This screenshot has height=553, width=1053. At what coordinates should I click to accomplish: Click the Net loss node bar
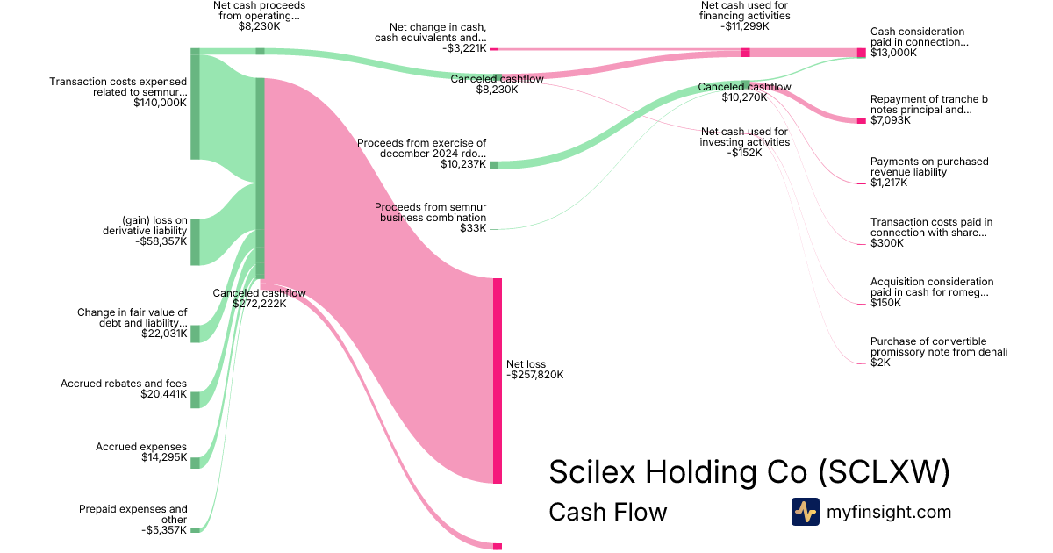point(498,380)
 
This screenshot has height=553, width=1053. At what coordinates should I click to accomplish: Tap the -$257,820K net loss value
point(534,375)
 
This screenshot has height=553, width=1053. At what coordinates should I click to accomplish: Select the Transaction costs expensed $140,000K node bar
point(195,107)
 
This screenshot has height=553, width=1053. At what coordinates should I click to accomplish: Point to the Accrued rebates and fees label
point(124,384)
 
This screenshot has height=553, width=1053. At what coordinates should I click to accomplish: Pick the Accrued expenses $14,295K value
point(164,457)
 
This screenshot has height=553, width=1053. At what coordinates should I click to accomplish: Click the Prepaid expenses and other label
point(133,513)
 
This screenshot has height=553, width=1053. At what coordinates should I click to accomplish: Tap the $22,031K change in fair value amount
point(164,334)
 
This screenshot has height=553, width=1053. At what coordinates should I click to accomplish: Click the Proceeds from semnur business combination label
point(430,212)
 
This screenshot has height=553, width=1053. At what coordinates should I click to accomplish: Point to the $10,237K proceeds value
point(463,164)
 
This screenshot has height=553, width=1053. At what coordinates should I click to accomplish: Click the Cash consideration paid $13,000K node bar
point(862,53)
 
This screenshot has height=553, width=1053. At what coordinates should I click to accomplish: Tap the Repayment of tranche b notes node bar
point(862,120)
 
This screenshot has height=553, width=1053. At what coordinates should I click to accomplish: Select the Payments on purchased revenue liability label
point(929,167)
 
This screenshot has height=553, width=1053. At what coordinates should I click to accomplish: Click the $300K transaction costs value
point(885,243)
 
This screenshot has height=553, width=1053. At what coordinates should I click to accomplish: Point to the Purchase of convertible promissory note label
point(939,347)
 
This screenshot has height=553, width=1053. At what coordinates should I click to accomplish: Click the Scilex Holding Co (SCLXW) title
point(749,471)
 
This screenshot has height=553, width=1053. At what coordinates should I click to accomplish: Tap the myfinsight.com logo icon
point(805,512)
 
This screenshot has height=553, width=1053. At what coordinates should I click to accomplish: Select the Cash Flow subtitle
point(607,512)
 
